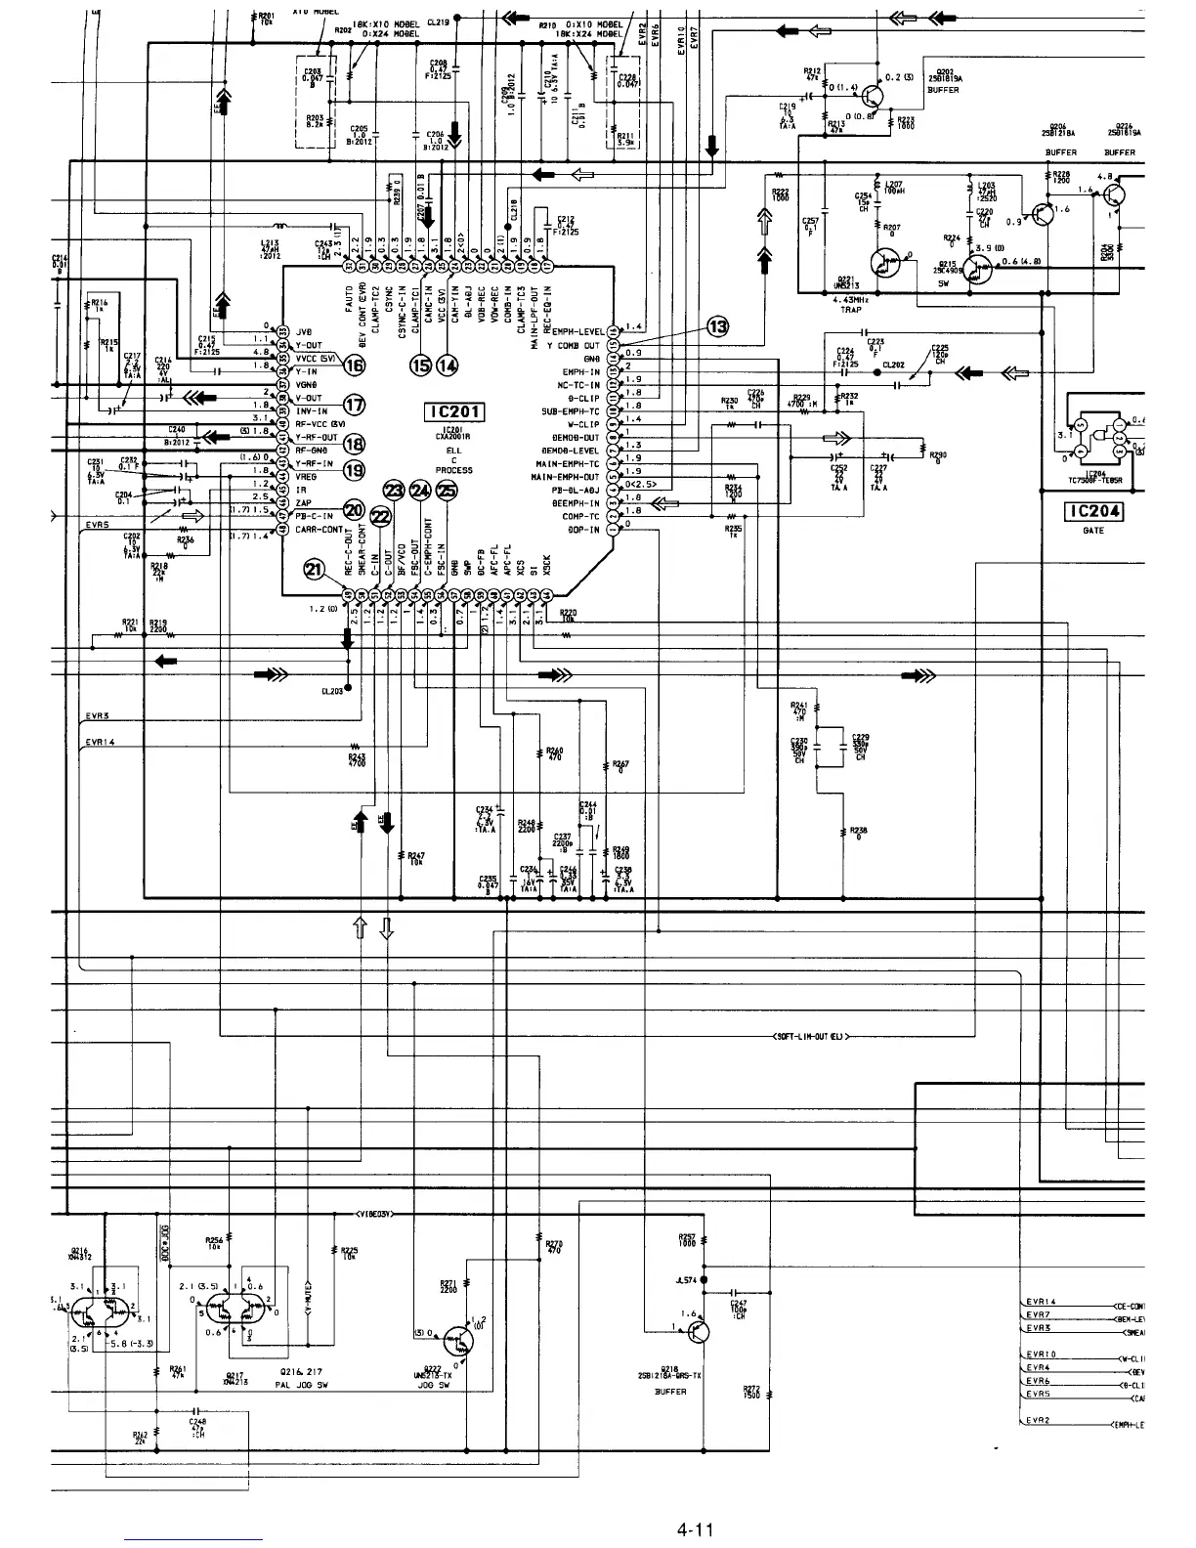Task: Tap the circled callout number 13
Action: (x=718, y=327)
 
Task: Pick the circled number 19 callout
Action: (x=354, y=469)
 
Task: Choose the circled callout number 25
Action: (x=447, y=492)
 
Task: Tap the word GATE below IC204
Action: (x=1093, y=531)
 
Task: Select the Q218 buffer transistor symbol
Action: (x=695, y=1331)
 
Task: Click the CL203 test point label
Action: (x=332, y=692)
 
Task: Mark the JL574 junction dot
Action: (x=703, y=1279)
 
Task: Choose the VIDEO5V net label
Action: (x=376, y=1215)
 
